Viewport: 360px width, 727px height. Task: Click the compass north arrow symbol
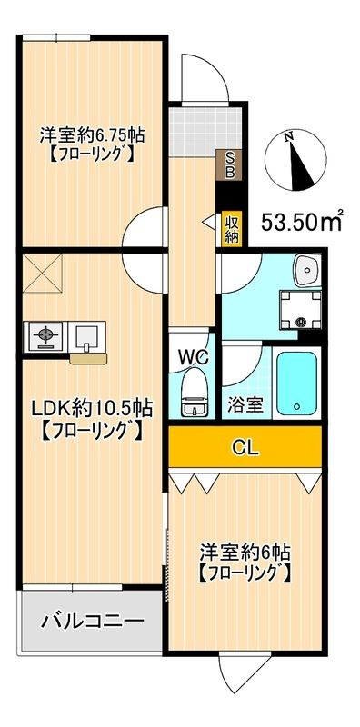(295, 160)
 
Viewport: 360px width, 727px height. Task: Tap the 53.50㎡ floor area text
(302, 222)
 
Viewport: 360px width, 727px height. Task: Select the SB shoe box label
(230, 165)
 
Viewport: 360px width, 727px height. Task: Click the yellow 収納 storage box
(232, 229)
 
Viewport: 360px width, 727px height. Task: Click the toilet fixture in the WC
(195, 393)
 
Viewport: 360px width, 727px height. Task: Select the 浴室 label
(245, 405)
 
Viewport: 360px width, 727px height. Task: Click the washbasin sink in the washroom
(307, 269)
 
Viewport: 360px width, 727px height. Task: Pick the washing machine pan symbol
(301, 310)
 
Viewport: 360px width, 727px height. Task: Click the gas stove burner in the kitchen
(46, 335)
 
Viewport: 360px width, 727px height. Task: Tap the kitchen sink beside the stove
(86, 335)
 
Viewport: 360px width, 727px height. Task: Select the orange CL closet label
(245, 447)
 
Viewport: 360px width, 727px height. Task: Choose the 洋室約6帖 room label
(245, 553)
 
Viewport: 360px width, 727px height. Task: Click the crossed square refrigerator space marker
(42, 274)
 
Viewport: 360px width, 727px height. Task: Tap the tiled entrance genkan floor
(205, 130)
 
